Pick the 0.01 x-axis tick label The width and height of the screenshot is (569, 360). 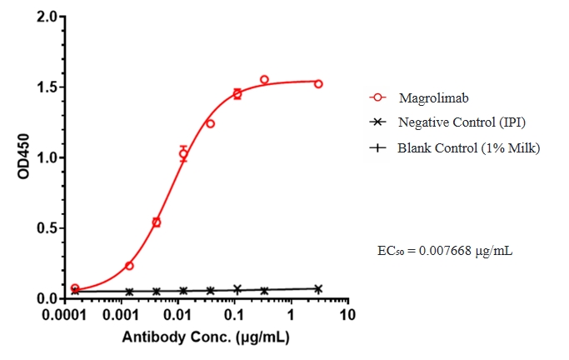click(178, 317)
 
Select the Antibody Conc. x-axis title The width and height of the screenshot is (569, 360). click(207, 337)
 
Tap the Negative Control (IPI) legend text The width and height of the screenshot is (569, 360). click(462, 122)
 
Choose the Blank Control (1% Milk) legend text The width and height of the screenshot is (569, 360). click(469, 148)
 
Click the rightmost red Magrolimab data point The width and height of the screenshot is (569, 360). click(318, 84)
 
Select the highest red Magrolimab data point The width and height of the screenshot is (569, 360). click(264, 80)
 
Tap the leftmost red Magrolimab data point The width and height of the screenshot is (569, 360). click(75, 288)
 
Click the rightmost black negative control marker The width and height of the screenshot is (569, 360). click(318, 289)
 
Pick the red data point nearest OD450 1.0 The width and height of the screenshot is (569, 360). click(183, 154)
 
